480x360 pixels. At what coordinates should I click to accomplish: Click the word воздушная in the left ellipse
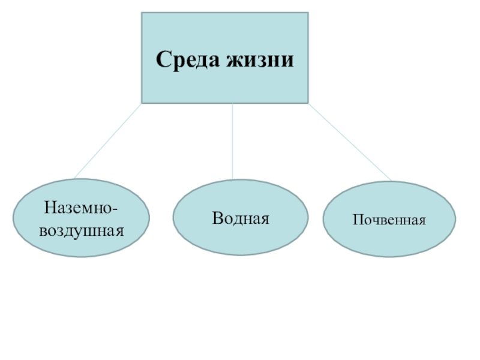(x=81, y=229)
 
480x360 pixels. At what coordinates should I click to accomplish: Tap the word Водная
(x=241, y=217)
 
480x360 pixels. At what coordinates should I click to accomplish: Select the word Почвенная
(x=389, y=220)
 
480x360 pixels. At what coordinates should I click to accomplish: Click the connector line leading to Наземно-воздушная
(x=108, y=140)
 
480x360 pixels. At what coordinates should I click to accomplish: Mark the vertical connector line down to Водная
(x=232, y=141)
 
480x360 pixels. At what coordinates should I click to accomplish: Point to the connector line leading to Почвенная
(x=349, y=142)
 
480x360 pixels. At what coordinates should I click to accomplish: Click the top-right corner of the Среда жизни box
(x=308, y=13)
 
